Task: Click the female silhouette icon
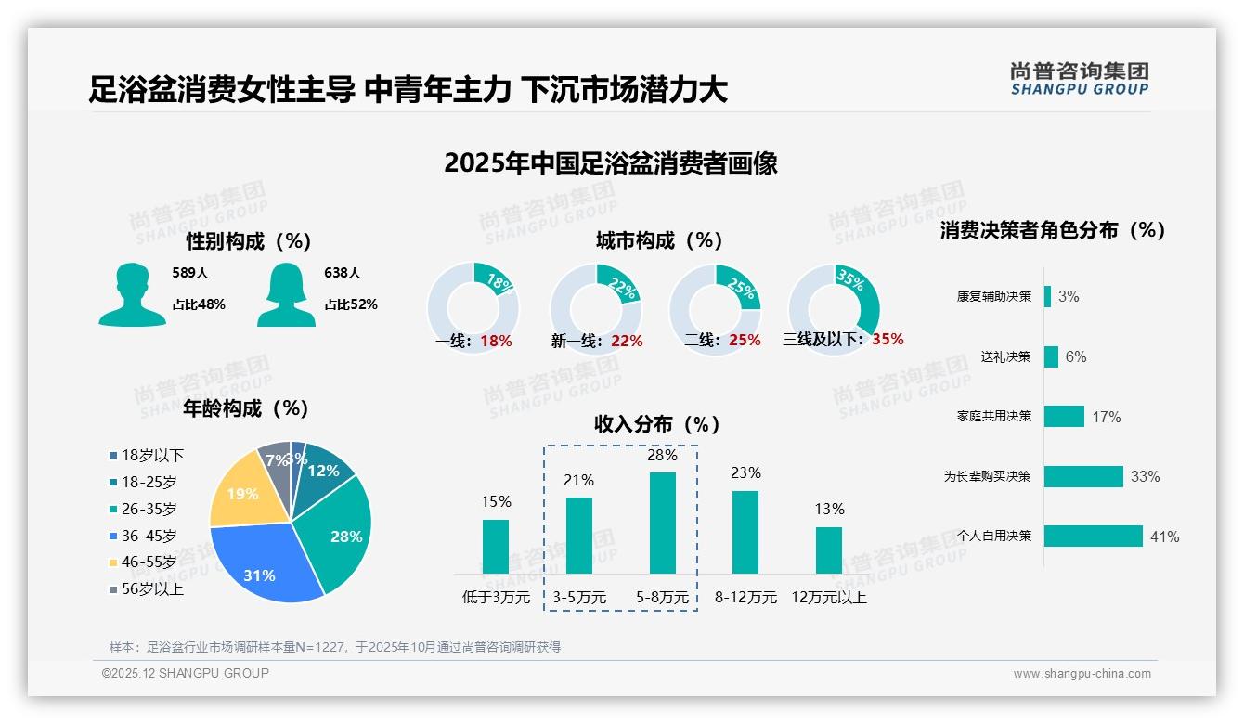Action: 286,295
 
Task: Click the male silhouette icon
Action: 132,295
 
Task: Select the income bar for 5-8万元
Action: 662,523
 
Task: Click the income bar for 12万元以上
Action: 828,550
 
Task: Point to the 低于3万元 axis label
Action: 496,598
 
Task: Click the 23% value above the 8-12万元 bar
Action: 745,473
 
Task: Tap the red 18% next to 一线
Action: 496,341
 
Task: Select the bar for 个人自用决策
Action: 1093,536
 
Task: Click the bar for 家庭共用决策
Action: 1064,416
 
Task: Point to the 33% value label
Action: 1145,476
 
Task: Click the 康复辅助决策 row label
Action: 993,296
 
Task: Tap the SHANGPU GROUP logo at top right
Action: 1079,79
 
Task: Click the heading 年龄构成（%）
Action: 245,408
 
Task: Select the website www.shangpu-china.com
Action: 1082,674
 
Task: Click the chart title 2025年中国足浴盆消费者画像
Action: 610,163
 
